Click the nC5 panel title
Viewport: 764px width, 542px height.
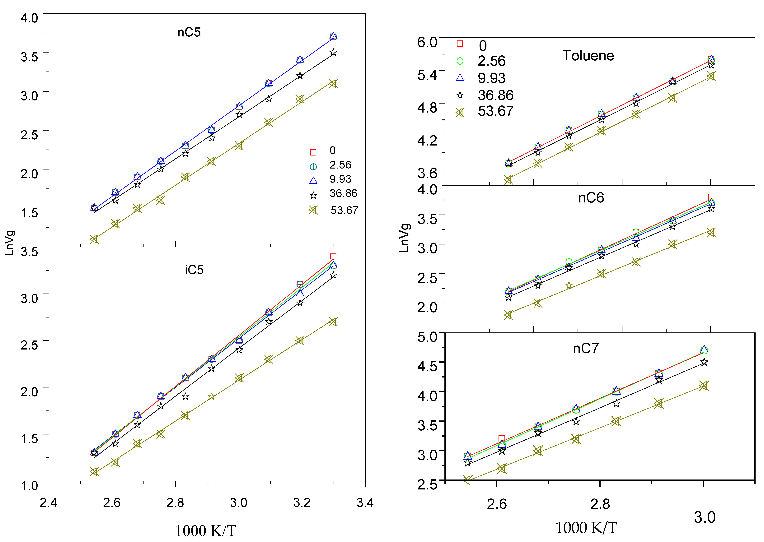(189, 32)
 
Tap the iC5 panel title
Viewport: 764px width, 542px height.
(194, 270)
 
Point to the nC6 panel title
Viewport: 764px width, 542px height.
(591, 198)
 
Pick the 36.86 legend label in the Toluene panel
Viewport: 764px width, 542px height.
(495, 95)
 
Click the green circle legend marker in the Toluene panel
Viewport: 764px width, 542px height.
(460, 61)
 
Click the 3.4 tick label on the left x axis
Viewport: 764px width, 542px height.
(365, 503)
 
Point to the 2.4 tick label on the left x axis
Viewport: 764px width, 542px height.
(48, 503)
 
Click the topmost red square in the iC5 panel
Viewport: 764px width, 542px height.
(333, 256)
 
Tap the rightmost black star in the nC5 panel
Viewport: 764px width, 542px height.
(333, 52)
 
